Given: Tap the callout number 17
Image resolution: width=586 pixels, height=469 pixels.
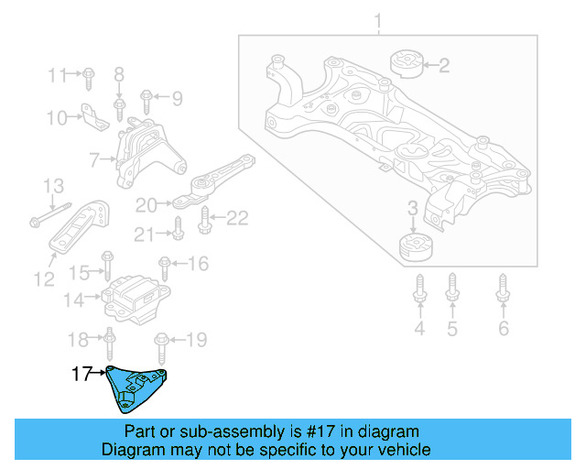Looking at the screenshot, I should coord(82,374).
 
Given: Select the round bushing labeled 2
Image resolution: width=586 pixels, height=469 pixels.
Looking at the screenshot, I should coord(405,63).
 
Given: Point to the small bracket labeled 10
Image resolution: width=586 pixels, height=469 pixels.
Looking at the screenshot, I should coord(90,114).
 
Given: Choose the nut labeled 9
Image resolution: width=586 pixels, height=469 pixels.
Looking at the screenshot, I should coord(147,96).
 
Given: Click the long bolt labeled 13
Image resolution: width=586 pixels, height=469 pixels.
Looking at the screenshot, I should coord(46,216).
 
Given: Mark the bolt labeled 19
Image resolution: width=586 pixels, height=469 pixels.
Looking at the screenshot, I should coord(162,347).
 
